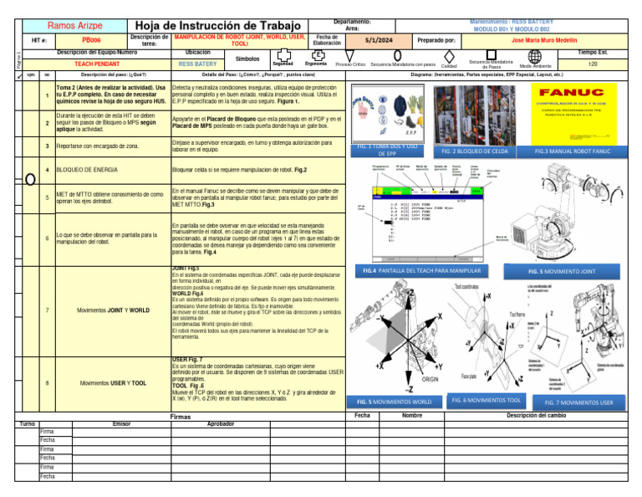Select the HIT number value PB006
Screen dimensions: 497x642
(x=92, y=40)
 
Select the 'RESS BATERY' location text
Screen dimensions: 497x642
(x=197, y=64)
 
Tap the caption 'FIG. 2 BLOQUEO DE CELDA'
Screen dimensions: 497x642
(x=474, y=151)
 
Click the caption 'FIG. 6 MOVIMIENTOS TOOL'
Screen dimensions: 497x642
(x=486, y=401)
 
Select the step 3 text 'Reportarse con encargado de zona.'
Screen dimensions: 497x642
(x=98, y=146)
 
